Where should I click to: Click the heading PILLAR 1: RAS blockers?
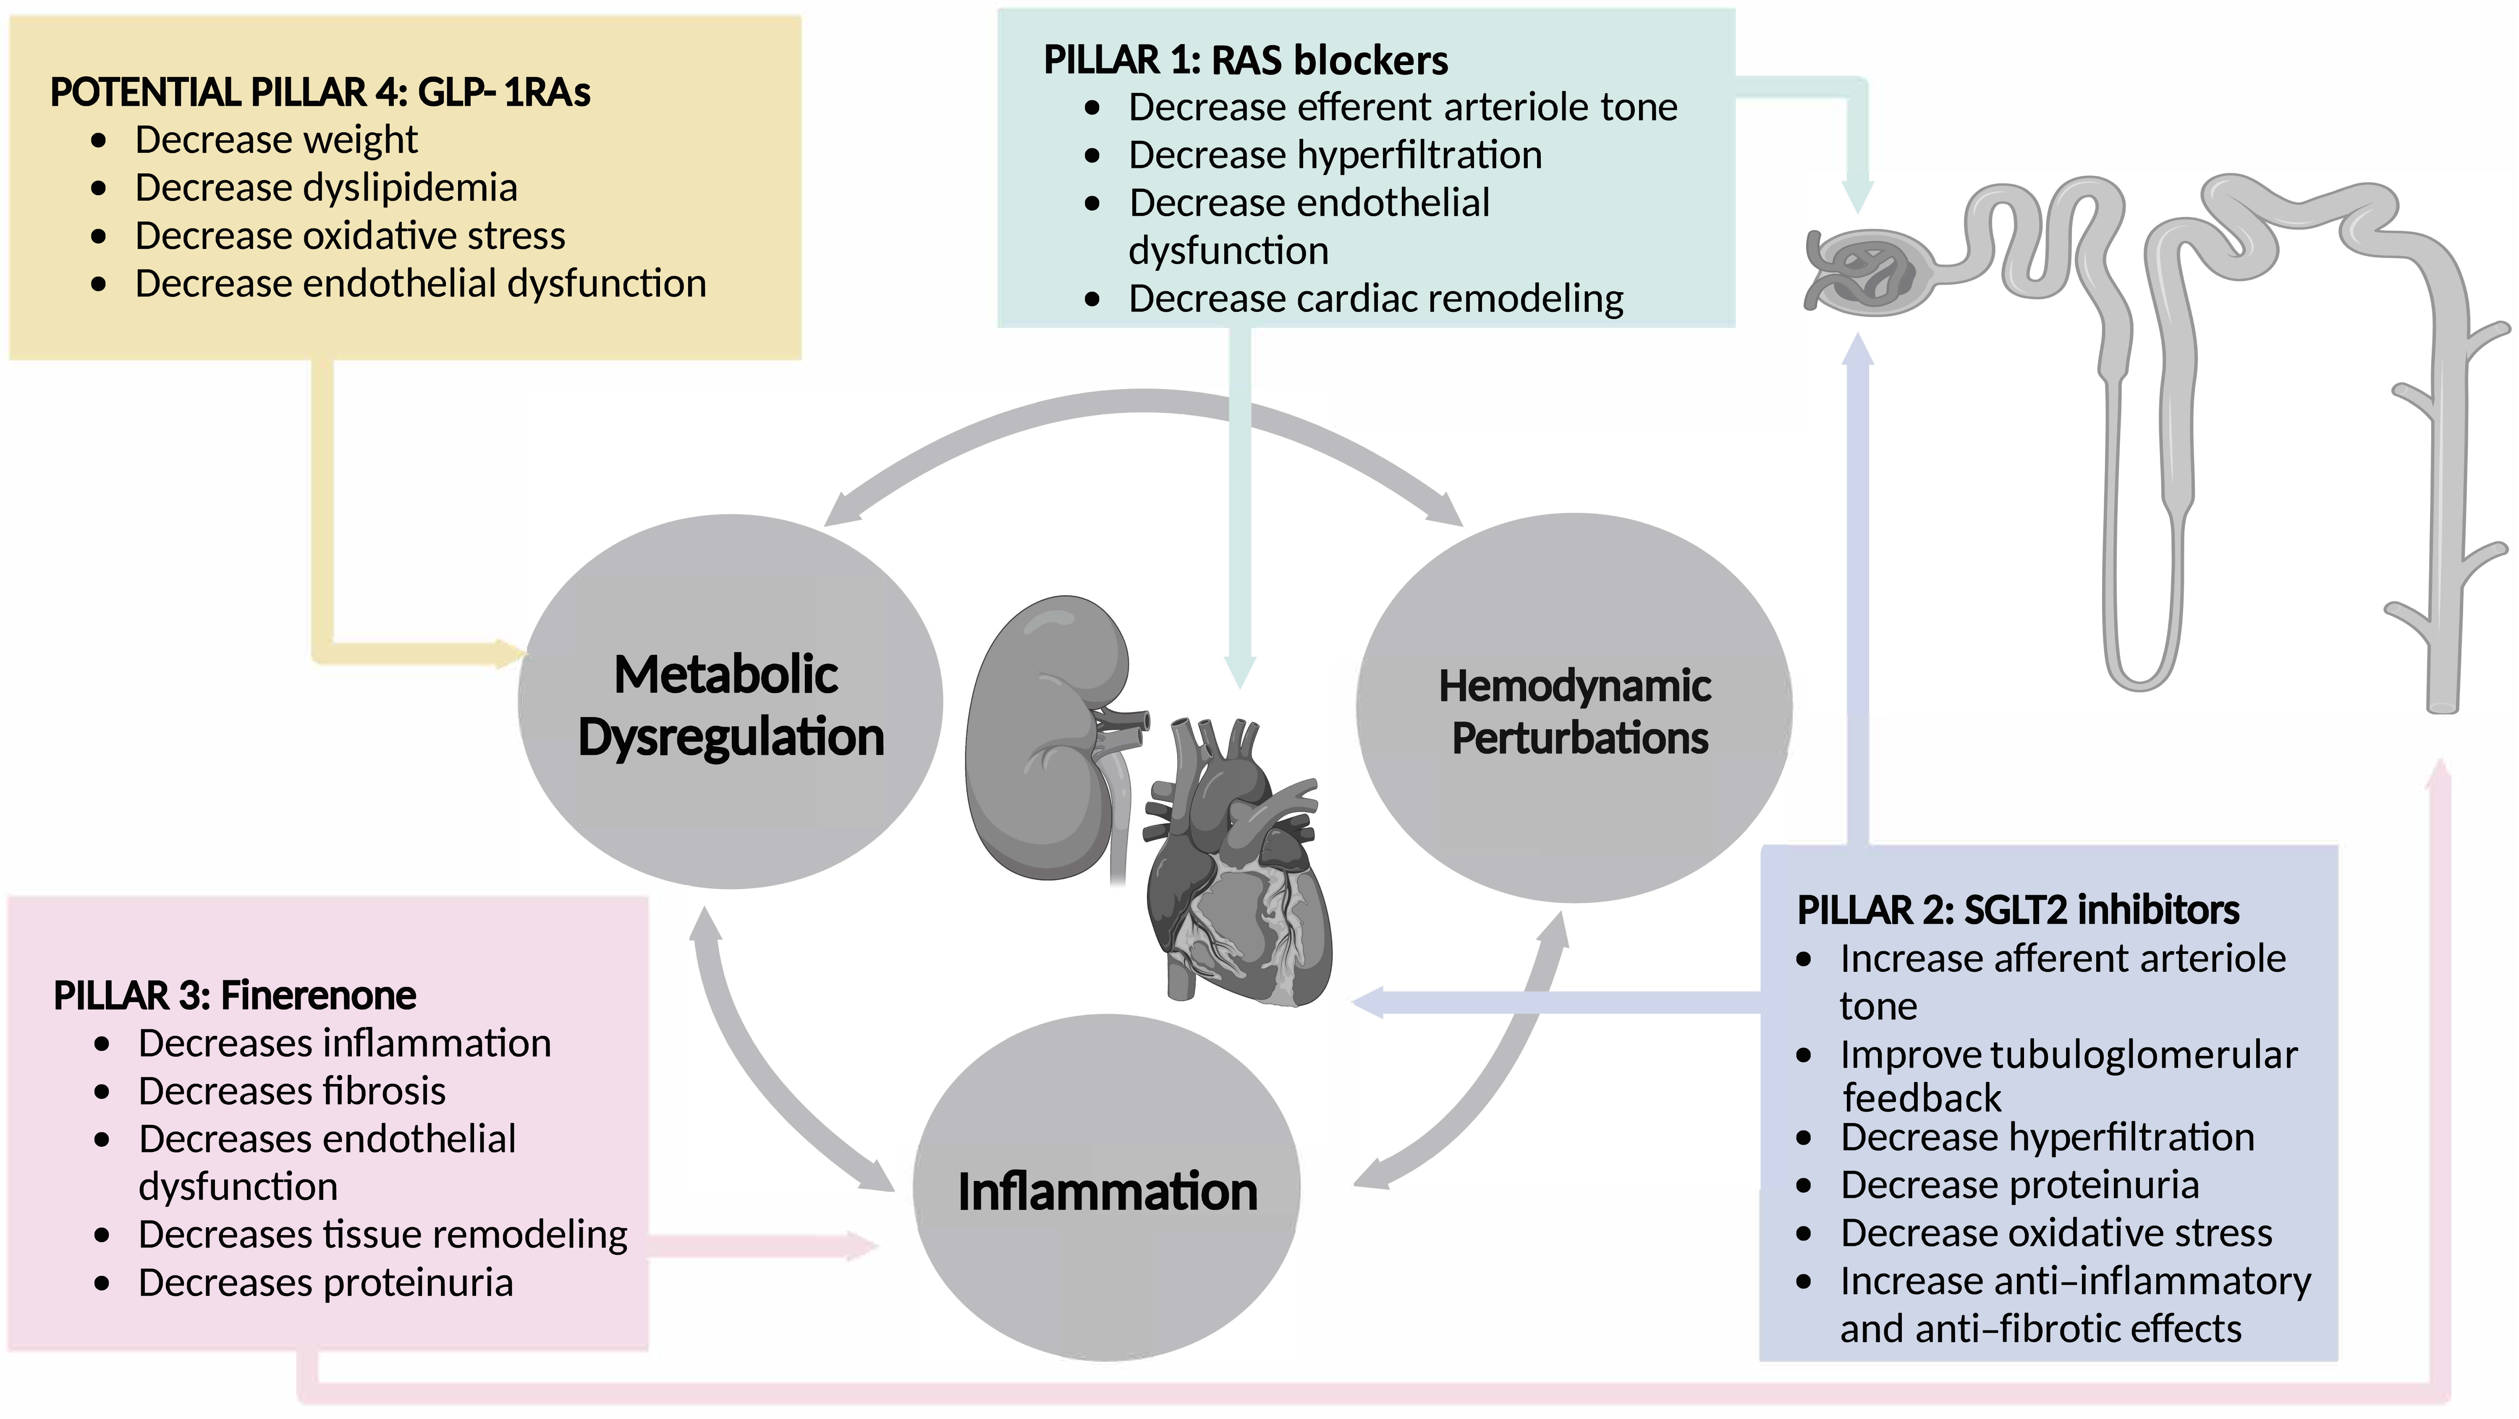point(1245,60)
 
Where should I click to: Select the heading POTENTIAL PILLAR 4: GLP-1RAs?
point(320,93)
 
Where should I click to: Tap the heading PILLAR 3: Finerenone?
point(235,995)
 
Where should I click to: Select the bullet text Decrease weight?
point(276,140)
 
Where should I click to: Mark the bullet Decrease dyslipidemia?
point(326,188)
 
